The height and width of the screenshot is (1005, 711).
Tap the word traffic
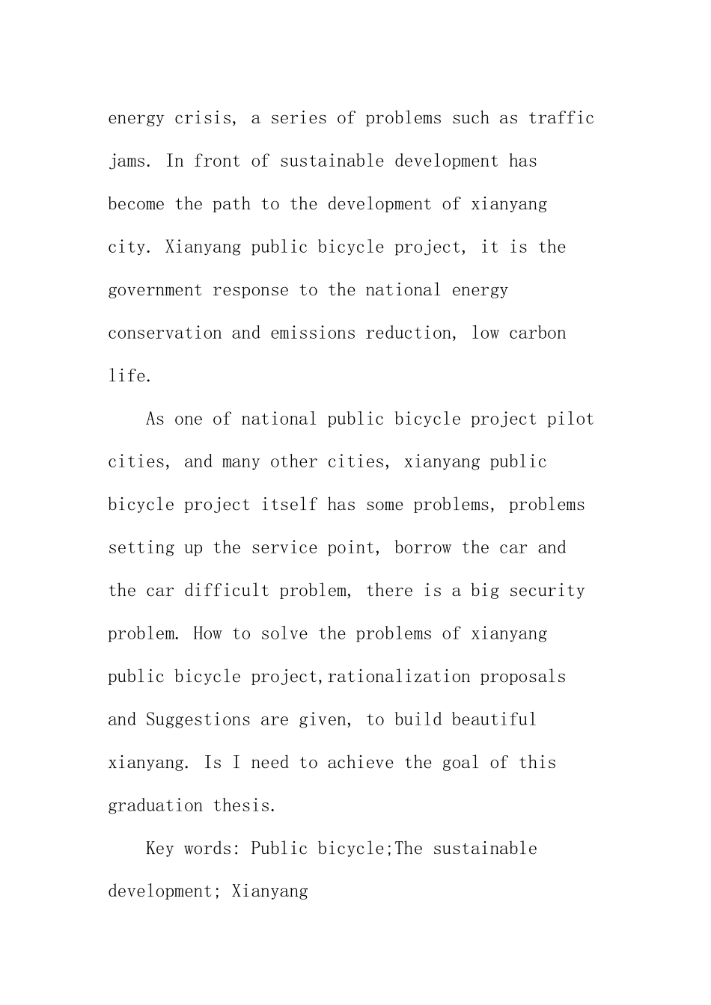[x=561, y=118]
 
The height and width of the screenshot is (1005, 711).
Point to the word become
[x=136, y=204]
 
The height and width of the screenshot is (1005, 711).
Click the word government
[x=155, y=290]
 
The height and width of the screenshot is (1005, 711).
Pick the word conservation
[x=165, y=334]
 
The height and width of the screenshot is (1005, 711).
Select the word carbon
[x=537, y=334]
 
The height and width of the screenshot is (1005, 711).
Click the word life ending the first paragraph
[x=129, y=376]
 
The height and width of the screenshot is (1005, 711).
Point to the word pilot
[x=570, y=419]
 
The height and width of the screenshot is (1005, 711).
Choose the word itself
[x=289, y=505]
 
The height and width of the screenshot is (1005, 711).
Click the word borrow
[x=423, y=548]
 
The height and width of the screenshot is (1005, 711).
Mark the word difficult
[x=227, y=591]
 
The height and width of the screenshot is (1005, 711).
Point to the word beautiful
[x=495, y=720]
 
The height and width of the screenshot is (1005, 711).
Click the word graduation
[x=156, y=806]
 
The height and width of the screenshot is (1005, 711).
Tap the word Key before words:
[x=160, y=849]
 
